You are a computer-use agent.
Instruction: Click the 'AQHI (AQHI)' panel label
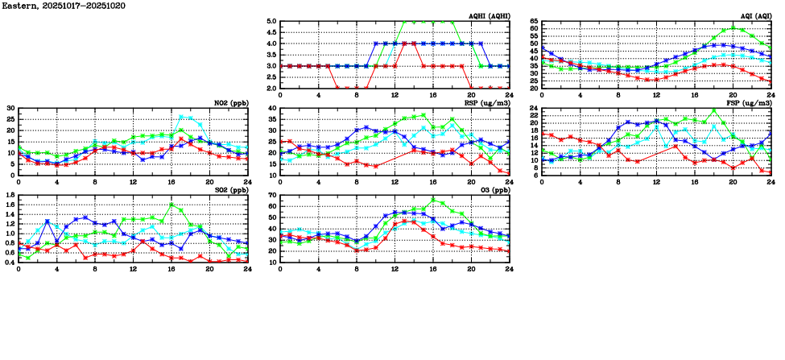point(489,16)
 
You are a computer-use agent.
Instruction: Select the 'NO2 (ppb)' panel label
point(230,102)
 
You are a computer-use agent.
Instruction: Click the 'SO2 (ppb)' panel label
point(230,189)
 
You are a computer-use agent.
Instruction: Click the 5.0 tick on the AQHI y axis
point(271,22)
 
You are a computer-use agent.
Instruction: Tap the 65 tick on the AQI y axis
point(535,22)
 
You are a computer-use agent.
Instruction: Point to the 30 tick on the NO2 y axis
point(10,108)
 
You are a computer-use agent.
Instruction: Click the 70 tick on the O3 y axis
point(271,195)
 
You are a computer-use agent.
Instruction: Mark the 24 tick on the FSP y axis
point(535,108)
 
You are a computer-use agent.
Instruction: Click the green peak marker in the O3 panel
point(433,200)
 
